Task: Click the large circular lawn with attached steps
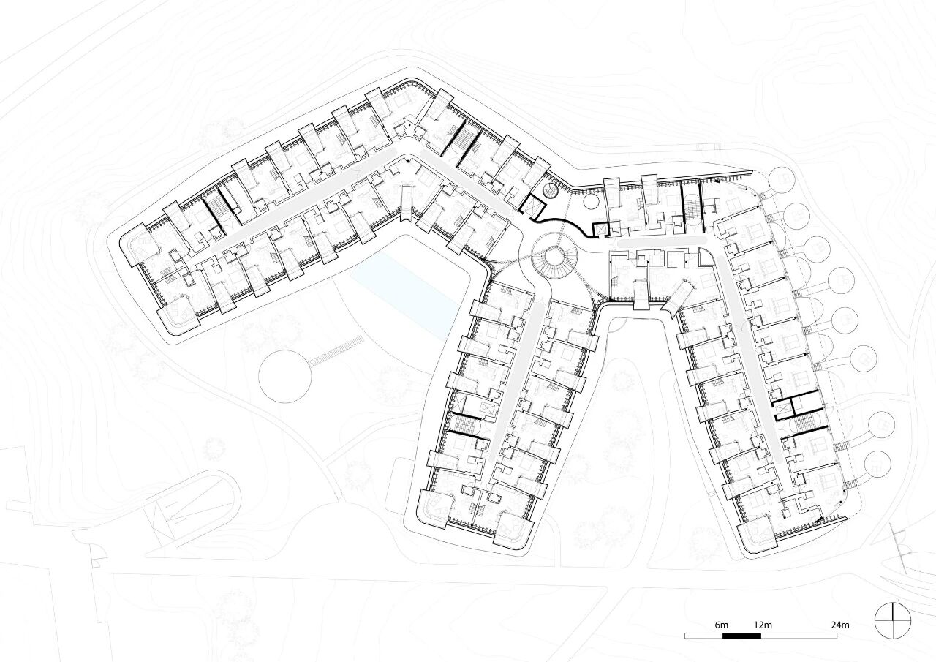pos(284,377)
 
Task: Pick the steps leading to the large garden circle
pos(336,351)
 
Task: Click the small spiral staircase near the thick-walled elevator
pos(551,192)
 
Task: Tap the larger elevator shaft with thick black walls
pos(533,206)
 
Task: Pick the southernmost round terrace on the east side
pos(877,464)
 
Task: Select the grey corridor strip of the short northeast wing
pos(662,241)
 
